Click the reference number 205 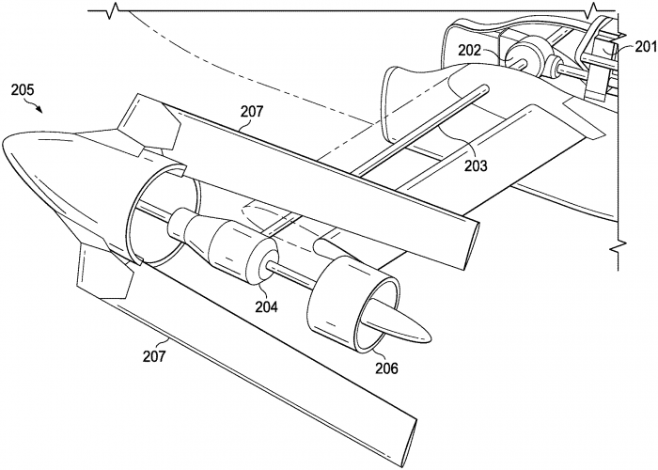coord(23,90)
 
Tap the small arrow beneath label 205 coord(37,109)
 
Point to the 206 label coord(386,368)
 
